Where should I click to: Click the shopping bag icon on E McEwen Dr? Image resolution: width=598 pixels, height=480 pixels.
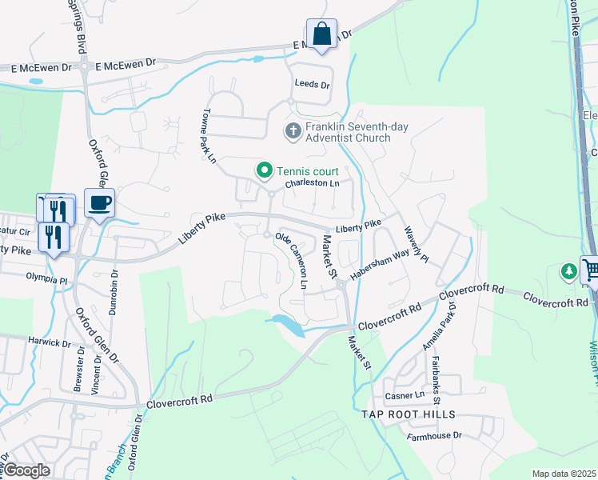click(x=321, y=35)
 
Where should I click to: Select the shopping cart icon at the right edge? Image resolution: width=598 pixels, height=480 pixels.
click(x=591, y=270)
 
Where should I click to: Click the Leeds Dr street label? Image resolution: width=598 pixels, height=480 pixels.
click(x=312, y=84)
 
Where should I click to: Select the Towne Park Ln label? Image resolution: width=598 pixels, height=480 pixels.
click(x=209, y=137)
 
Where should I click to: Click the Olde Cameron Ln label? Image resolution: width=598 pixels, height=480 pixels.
click(x=293, y=261)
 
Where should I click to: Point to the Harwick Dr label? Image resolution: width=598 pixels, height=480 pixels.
click(x=49, y=342)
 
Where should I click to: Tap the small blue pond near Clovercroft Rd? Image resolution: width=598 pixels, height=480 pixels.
click(x=287, y=325)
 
